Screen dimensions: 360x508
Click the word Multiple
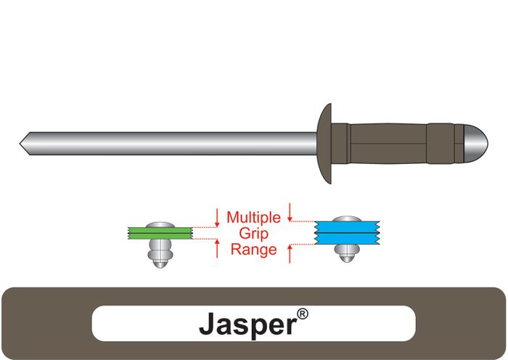pos(253,217)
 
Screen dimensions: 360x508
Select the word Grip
pos(253,233)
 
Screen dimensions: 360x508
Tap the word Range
pos(253,250)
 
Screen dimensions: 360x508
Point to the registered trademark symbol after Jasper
pos(303,314)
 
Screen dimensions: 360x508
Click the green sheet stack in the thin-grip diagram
pos(158,233)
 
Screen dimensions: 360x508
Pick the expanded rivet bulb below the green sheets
pos(158,253)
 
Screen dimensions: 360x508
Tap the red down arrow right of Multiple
pos(290,212)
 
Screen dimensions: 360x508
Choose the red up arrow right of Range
pos(290,253)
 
